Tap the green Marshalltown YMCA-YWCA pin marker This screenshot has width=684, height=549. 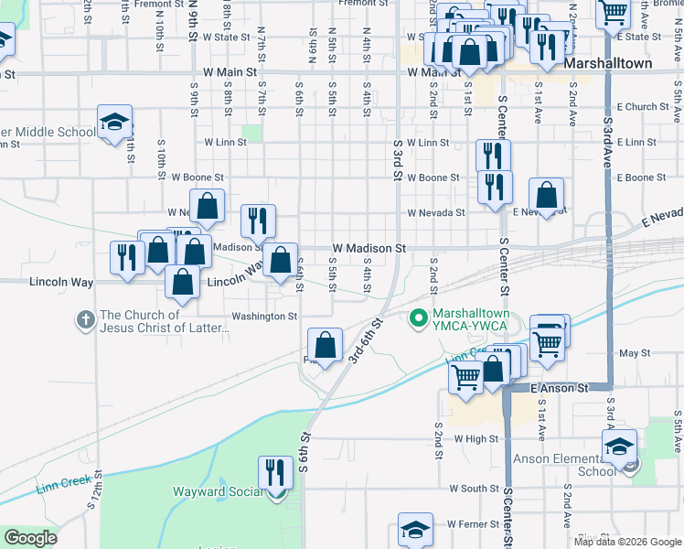419,318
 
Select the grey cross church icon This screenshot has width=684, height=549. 85,320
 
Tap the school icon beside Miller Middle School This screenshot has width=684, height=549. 115,123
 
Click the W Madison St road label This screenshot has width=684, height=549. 369,248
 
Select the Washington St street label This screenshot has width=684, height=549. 264,317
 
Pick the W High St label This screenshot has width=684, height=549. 475,438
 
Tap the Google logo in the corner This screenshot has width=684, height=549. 30,538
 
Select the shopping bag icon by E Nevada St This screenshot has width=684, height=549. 546,194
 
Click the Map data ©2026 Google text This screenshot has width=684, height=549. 627,542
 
